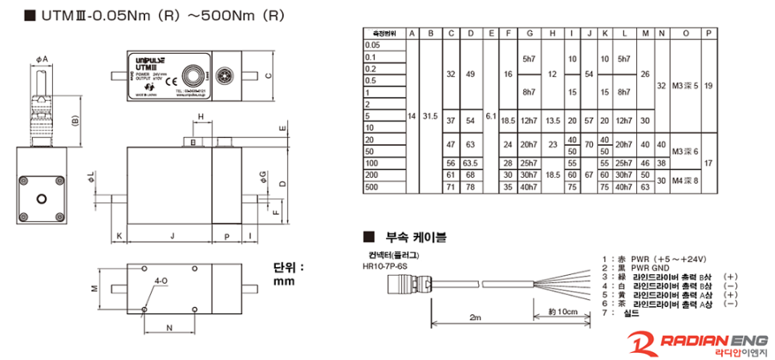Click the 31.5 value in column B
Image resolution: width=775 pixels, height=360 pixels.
[x=431, y=116]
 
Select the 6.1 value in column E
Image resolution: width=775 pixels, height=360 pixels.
[x=490, y=116]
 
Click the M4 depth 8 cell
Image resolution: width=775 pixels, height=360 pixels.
[x=684, y=180]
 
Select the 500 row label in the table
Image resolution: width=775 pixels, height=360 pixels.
[x=371, y=186]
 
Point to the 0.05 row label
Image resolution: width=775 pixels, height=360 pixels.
[x=371, y=47]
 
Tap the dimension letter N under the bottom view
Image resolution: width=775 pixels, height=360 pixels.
[x=168, y=327]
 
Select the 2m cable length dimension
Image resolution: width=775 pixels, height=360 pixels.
[x=476, y=318]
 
